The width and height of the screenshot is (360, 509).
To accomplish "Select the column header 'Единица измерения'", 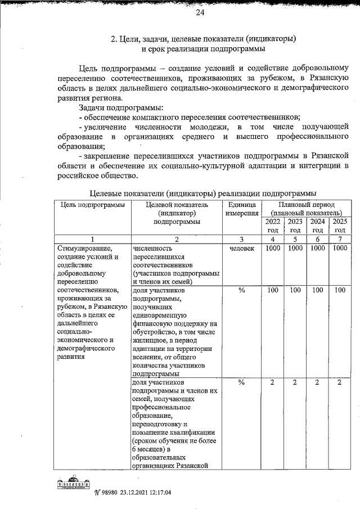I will click(x=242, y=209).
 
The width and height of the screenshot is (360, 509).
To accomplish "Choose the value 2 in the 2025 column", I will click(x=339, y=382).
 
